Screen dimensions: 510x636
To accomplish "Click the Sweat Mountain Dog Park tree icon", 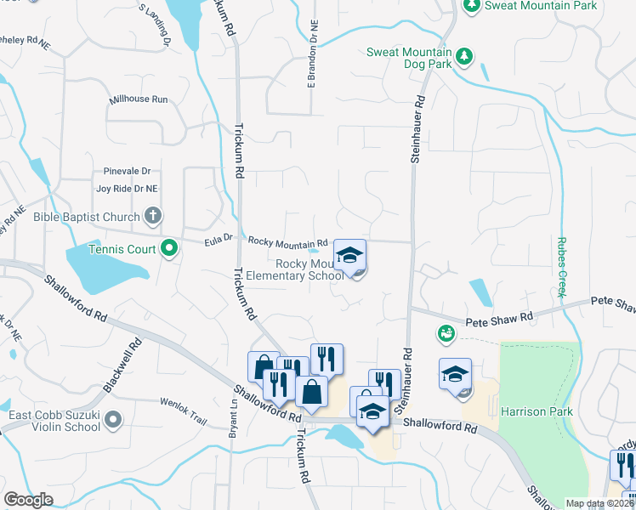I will (463, 56).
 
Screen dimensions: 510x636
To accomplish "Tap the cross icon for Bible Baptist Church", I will (152, 216).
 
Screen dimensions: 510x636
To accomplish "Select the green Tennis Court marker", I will (169, 249).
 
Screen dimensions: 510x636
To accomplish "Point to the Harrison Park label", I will (537, 412).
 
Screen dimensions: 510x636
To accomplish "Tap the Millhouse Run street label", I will (139, 99).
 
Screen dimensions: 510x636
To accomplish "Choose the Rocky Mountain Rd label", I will (287, 242).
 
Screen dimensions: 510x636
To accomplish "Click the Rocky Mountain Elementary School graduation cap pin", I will (349, 255).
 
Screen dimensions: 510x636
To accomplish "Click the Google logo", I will (29, 500).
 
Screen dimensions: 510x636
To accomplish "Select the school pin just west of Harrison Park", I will (455, 374).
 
